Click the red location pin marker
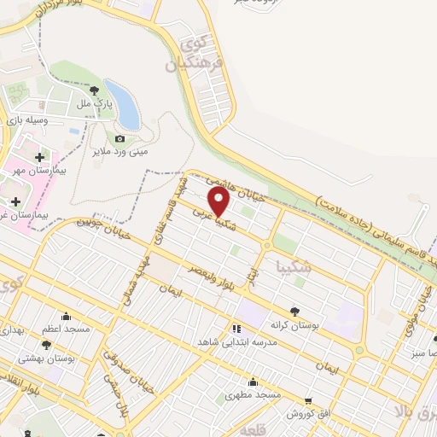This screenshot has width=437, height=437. [x=219, y=201]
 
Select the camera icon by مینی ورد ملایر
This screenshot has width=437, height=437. [x=119, y=139]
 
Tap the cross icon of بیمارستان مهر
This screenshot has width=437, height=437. [x=41, y=156]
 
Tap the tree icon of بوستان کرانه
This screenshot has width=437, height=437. [x=294, y=312]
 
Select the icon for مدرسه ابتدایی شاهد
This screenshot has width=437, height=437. [x=236, y=328]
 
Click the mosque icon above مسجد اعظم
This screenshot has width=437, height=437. [x=66, y=317]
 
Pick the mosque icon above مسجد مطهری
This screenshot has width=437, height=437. [x=253, y=382]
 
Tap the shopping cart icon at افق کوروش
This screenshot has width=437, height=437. [x=308, y=399]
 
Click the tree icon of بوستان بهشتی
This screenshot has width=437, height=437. [x=46, y=346]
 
